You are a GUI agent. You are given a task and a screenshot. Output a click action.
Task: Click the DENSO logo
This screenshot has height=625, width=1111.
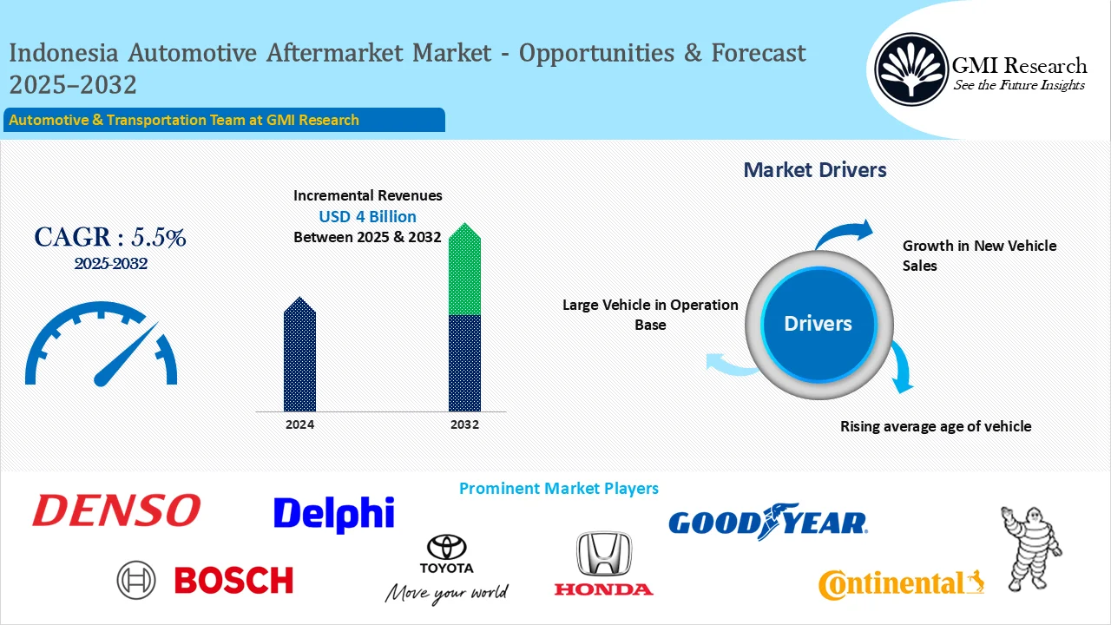pyautogui.click(x=116, y=511)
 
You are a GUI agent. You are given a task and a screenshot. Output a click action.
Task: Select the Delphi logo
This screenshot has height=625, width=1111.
pyautogui.click(x=333, y=514)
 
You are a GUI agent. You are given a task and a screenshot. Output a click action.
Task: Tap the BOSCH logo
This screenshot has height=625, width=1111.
pyautogui.click(x=206, y=580)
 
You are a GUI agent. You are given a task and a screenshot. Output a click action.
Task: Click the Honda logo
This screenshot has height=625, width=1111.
pyautogui.click(x=604, y=564)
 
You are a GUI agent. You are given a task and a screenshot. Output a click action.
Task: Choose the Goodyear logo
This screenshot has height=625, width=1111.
pyautogui.click(x=767, y=522)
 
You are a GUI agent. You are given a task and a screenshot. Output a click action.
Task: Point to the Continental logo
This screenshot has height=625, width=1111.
pyautogui.click(x=901, y=584)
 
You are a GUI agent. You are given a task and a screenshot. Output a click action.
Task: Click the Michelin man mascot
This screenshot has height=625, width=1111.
pyautogui.click(x=1031, y=548)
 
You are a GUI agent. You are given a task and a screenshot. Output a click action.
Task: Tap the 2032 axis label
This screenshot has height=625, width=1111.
pyautogui.click(x=464, y=424)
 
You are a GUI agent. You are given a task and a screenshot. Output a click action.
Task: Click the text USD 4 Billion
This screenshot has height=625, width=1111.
pyautogui.click(x=367, y=216)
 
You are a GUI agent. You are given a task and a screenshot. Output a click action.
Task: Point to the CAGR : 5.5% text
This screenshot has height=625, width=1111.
pyautogui.click(x=110, y=237)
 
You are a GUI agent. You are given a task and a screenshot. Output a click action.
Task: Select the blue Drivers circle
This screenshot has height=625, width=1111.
pyautogui.click(x=818, y=324)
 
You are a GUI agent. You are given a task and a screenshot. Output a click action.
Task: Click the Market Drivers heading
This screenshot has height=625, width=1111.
pyautogui.click(x=815, y=169)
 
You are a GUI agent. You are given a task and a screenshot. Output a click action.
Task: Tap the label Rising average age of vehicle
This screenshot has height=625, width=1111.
pyautogui.click(x=936, y=426)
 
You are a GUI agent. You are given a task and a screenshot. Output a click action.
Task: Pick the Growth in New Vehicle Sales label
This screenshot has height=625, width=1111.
pyautogui.click(x=979, y=255)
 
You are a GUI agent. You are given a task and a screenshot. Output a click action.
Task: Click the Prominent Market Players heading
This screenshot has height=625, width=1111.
pyautogui.click(x=558, y=489)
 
